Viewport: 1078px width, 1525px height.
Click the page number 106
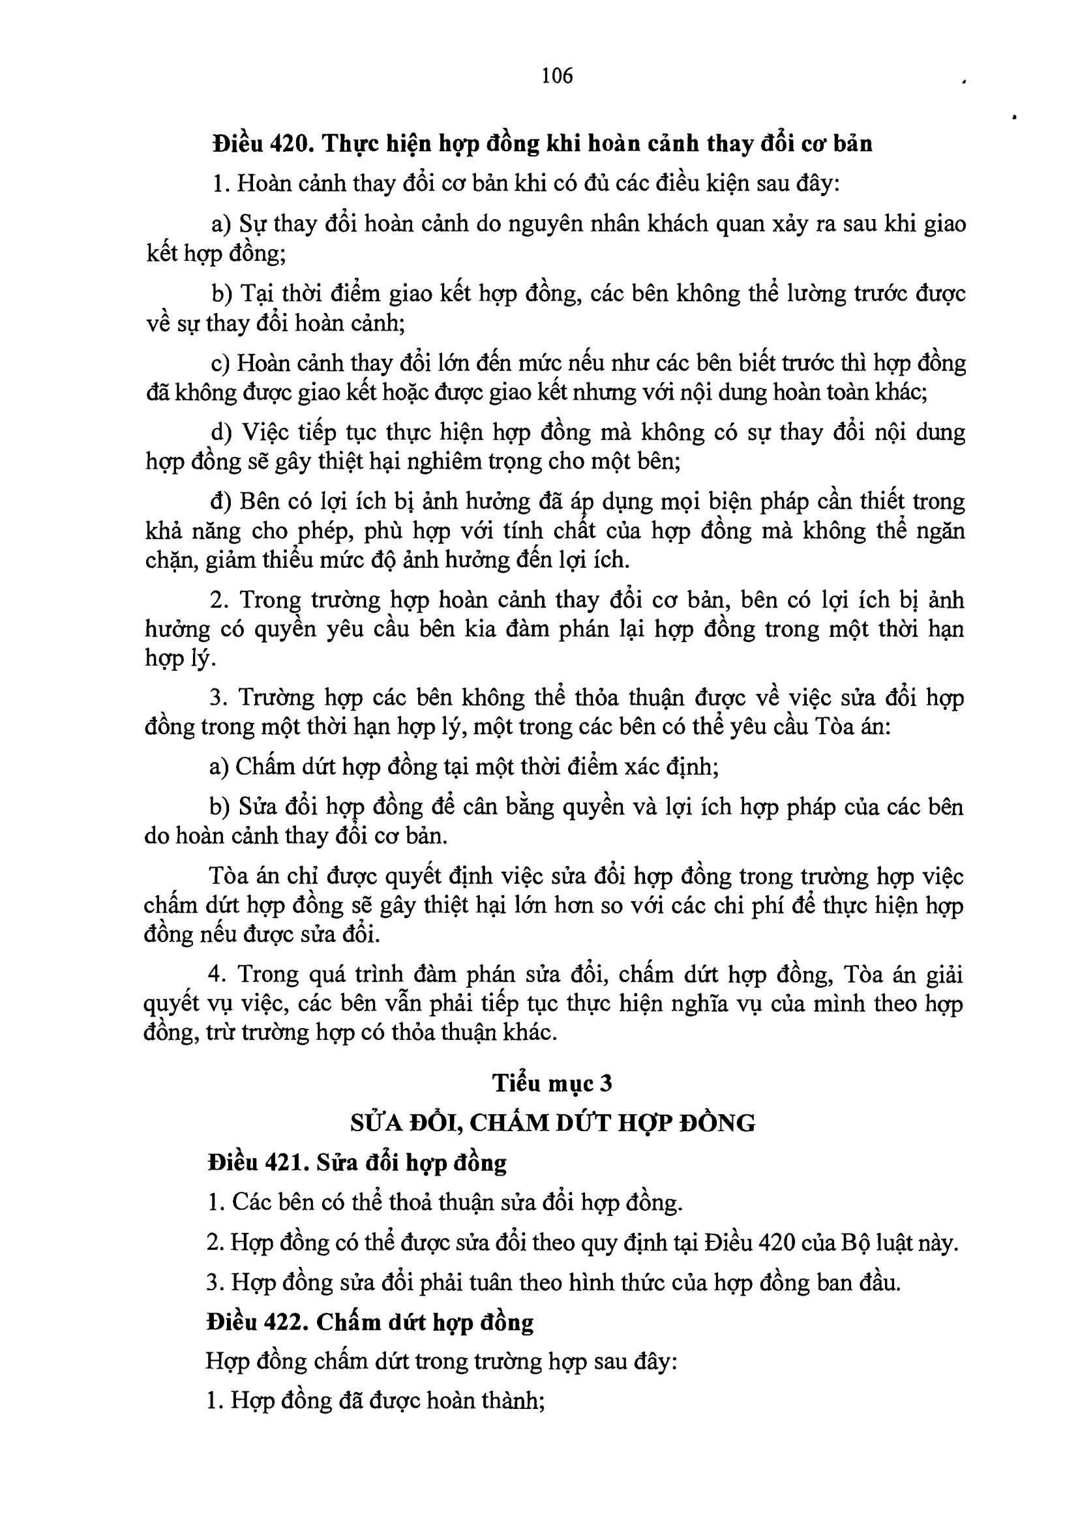coord(556,76)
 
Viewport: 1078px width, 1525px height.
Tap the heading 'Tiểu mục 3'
coord(552,1084)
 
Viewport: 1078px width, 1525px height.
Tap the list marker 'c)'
coord(220,364)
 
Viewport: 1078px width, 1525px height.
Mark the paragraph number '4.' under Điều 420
coord(217,974)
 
